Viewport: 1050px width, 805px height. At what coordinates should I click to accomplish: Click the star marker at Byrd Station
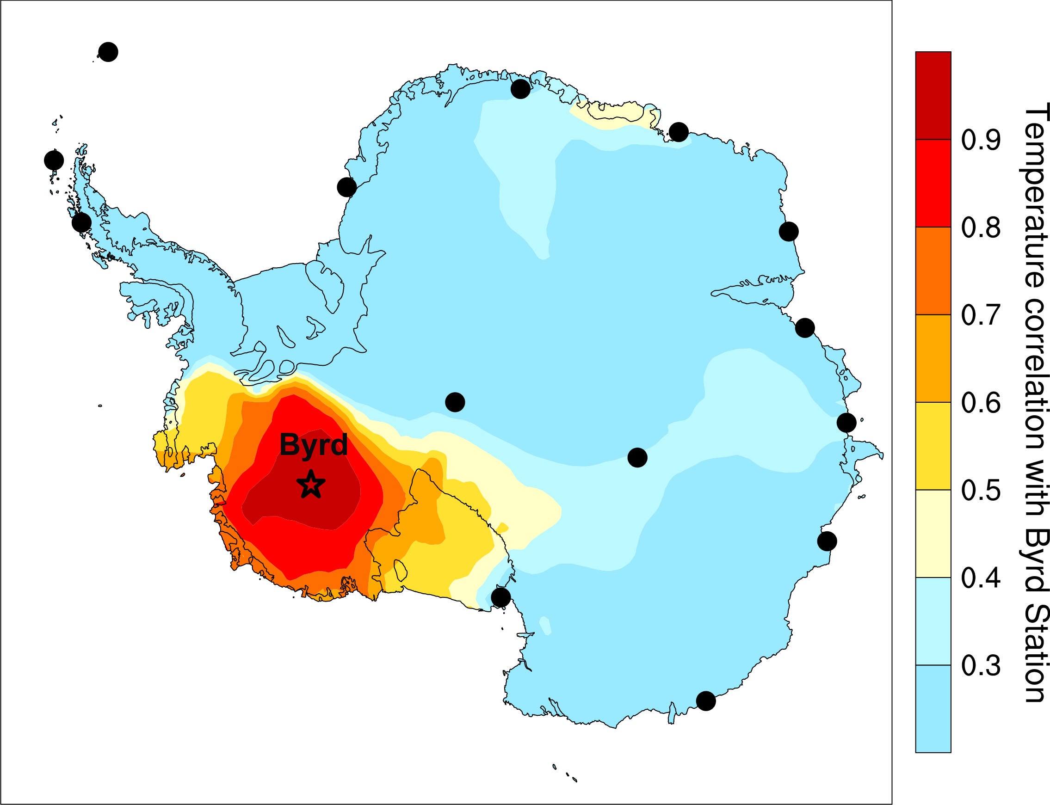pyautogui.click(x=311, y=485)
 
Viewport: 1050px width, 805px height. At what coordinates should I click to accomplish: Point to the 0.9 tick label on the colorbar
pyautogui.click(x=981, y=140)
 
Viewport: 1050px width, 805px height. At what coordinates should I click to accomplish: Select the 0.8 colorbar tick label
pyautogui.click(x=981, y=227)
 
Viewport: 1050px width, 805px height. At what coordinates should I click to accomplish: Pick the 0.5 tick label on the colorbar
pyautogui.click(x=981, y=490)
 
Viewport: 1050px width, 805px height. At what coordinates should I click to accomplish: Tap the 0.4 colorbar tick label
pyautogui.click(x=981, y=578)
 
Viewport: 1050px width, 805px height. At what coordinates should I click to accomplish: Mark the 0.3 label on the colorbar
pyautogui.click(x=981, y=665)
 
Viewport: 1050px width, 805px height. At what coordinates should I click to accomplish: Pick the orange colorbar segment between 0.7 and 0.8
pyautogui.click(x=933, y=271)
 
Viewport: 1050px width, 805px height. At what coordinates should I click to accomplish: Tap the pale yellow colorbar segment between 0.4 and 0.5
pyautogui.click(x=933, y=534)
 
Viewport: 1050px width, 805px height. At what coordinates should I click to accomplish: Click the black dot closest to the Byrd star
pyautogui.click(x=455, y=401)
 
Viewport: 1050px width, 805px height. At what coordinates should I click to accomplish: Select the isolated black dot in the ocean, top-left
pyautogui.click(x=108, y=52)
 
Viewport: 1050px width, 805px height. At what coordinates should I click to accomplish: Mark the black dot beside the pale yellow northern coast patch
pyautogui.click(x=679, y=132)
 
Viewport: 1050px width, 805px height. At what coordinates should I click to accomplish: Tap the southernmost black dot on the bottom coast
pyautogui.click(x=706, y=701)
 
